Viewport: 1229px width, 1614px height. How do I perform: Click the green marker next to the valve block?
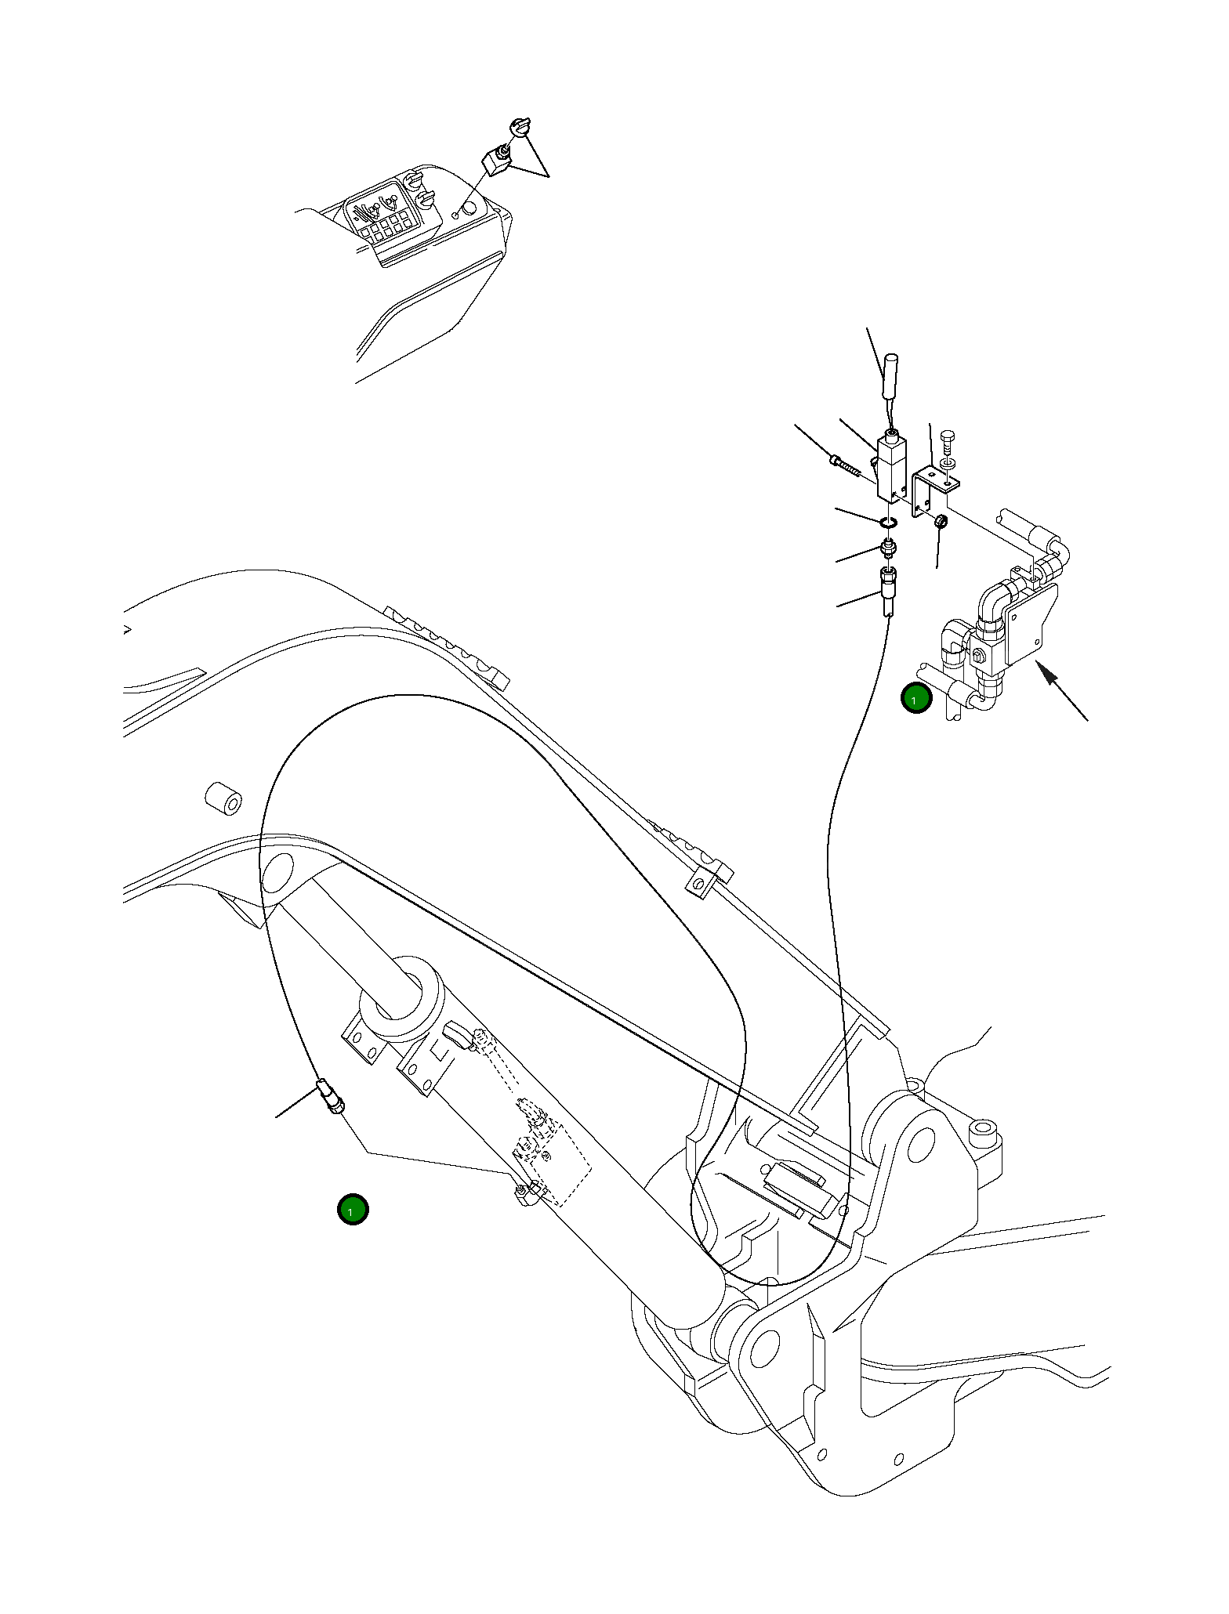coord(915,698)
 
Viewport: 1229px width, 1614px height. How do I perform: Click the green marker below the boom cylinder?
coord(352,1231)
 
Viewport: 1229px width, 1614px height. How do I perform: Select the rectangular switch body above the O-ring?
coord(891,468)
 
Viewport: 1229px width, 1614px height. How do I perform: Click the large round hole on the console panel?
coord(469,208)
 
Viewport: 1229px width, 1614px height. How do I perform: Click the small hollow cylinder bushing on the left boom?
coord(223,798)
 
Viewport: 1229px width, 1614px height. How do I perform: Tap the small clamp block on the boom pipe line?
coord(707,878)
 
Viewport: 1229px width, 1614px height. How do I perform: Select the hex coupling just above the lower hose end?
coord(888,548)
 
